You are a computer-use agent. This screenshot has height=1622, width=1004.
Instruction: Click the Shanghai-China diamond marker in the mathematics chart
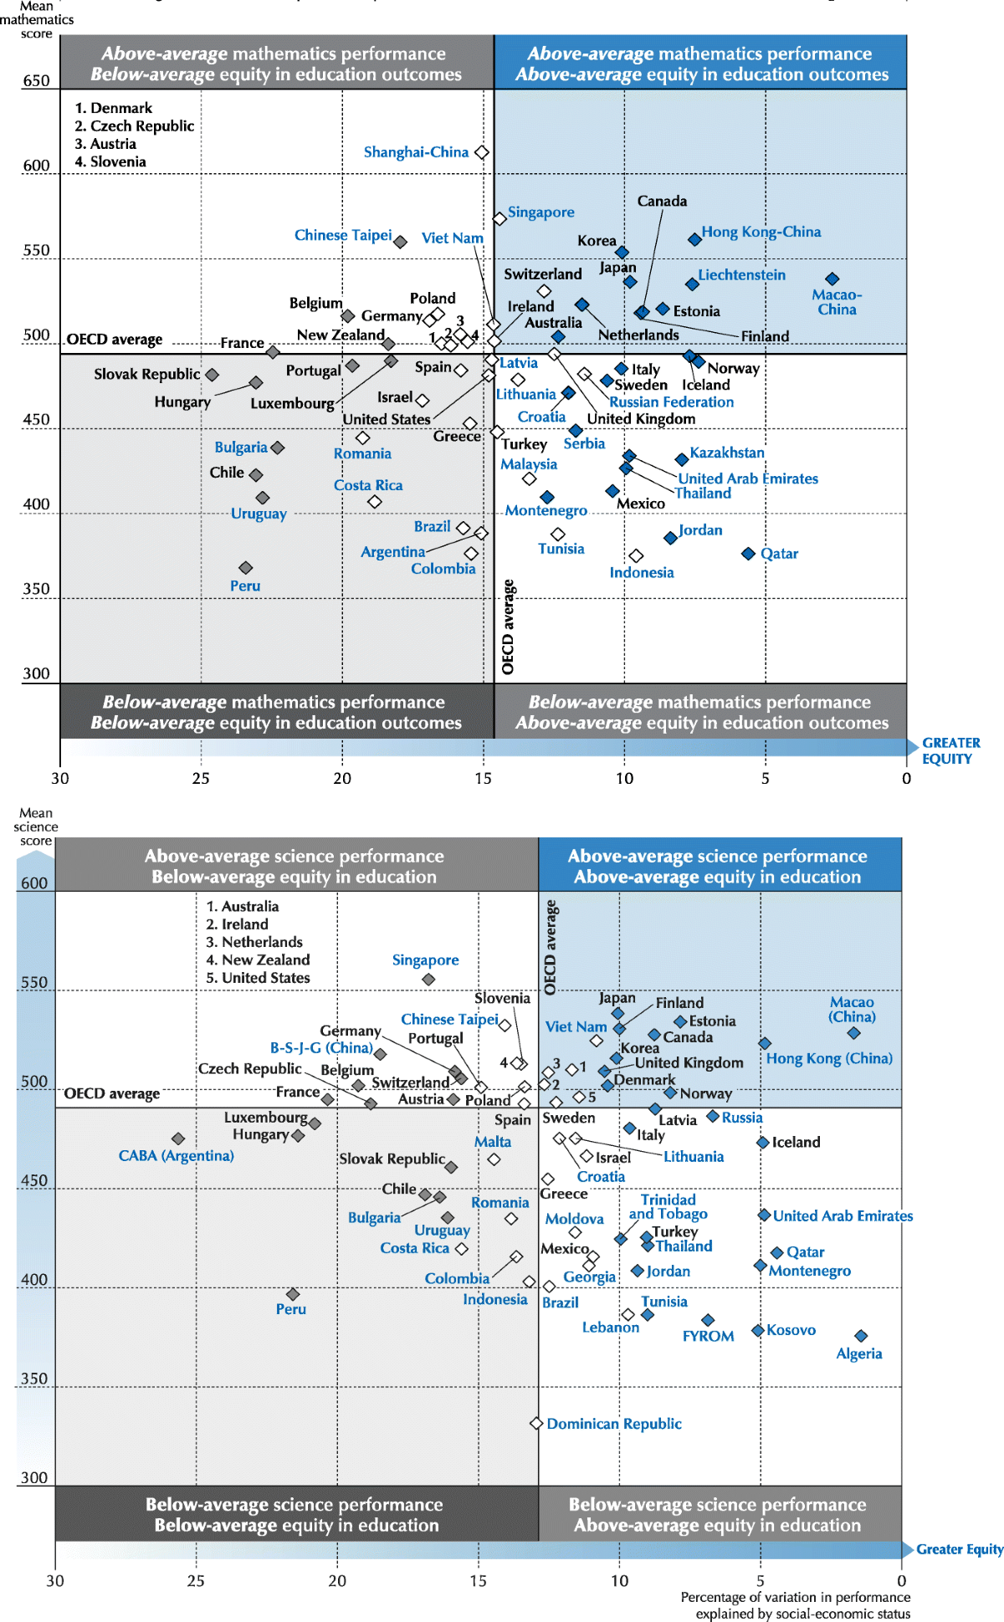click(481, 152)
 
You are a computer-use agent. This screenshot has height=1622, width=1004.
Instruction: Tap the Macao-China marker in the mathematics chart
click(832, 279)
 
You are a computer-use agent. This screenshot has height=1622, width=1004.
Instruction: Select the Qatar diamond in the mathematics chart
click(749, 554)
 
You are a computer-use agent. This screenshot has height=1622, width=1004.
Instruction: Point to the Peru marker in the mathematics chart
click(245, 568)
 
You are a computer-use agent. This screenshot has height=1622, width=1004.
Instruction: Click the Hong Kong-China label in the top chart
click(761, 232)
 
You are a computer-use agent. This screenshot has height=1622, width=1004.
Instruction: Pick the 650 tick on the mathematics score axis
click(36, 80)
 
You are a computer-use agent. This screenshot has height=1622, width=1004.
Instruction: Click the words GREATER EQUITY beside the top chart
click(950, 750)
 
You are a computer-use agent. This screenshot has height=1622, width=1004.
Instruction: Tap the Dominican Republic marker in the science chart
click(536, 1423)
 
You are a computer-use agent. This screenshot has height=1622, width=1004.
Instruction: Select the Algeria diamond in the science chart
click(861, 1336)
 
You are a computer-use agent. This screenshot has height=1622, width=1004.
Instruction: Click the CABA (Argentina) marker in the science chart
click(177, 1138)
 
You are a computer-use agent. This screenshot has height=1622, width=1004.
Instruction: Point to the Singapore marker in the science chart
click(428, 979)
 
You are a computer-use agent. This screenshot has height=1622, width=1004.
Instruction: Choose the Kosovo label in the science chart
click(791, 1329)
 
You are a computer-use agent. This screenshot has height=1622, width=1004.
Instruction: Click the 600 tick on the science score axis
click(34, 883)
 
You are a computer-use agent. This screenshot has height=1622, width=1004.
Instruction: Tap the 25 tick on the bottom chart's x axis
click(196, 1580)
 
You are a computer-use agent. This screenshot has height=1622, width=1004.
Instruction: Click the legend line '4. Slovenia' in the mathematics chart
click(110, 161)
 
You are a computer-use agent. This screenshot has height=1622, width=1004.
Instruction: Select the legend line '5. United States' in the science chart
click(258, 977)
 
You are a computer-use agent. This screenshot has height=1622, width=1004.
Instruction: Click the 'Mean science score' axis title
click(36, 826)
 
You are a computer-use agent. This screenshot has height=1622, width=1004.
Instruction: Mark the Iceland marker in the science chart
click(762, 1142)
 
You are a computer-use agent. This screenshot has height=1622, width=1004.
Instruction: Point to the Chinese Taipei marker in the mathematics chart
click(401, 242)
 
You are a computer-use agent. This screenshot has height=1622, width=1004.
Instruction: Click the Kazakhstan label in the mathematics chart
click(726, 453)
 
